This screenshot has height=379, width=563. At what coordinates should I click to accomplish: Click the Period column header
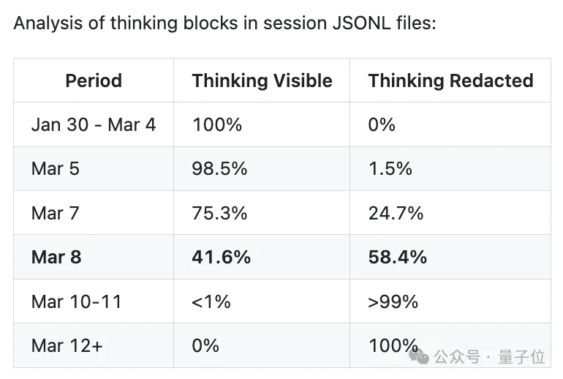pyautogui.click(x=94, y=80)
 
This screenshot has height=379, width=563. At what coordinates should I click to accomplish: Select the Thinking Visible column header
pyautogui.click(x=262, y=80)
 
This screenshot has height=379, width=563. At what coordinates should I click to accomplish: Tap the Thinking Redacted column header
pyautogui.click(x=450, y=80)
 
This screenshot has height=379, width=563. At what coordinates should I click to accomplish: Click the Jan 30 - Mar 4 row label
pyautogui.click(x=94, y=124)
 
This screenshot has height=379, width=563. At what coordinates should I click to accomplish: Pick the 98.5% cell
pyautogui.click(x=219, y=169)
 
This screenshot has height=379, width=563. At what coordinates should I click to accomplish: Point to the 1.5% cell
pyautogui.click(x=390, y=169)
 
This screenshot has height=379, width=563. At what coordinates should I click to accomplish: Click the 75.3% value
pyautogui.click(x=219, y=213)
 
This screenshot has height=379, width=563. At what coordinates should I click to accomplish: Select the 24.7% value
pyautogui.click(x=396, y=213)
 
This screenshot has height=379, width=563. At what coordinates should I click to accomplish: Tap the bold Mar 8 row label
pyautogui.click(x=56, y=257)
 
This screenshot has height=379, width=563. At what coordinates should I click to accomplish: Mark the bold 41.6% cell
pyautogui.click(x=221, y=257)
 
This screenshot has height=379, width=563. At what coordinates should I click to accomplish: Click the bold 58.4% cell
pyautogui.click(x=397, y=257)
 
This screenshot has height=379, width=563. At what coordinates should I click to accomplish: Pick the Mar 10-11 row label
pyautogui.click(x=77, y=301)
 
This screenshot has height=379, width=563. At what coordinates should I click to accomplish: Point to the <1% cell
pyautogui.click(x=211, y=301)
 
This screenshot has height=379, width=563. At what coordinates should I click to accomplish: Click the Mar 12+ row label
pyautogui.click(x=67, y=345)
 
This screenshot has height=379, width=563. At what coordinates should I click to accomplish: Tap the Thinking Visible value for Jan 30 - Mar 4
pyautogui.click(x=216, y=124)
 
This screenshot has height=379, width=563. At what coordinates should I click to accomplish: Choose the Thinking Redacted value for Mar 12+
pyautogui.click(x=393, y=345)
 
